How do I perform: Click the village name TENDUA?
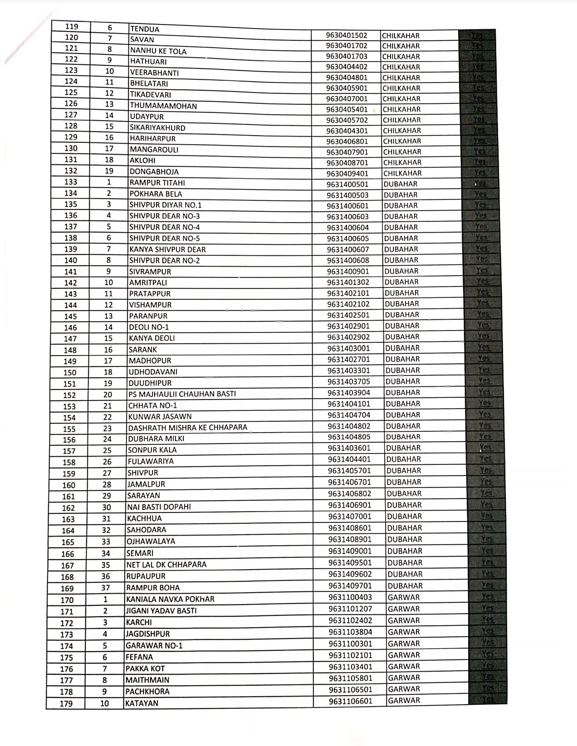click(x=145, y=29)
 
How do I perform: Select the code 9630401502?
click(x=347, y=35)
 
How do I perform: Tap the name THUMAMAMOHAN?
click(x=163, y=106)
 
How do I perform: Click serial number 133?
click(x=71, y=182)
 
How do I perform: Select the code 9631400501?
click(x=348, y=185)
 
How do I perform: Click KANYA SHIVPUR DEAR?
click(x=167, y=249)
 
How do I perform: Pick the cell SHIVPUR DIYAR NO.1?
click(x=165, y=205)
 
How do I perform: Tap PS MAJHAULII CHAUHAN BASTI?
click(x=182, y=394)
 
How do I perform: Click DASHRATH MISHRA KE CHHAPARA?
click(x=187, y=428)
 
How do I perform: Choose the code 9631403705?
click(x=349, y=382)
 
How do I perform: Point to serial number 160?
click(x=68, y=485)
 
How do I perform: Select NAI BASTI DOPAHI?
click(x=159, y=507)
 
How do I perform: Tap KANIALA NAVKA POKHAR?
click(x=170, y=599)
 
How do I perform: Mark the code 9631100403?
click(x=350, y=598)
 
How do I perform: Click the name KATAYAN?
click(x=142, y=703)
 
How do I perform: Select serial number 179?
click(x=66, y=704)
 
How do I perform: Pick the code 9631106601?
click(x=350, y=701)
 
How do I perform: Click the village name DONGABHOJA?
click(x=154, y=172)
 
